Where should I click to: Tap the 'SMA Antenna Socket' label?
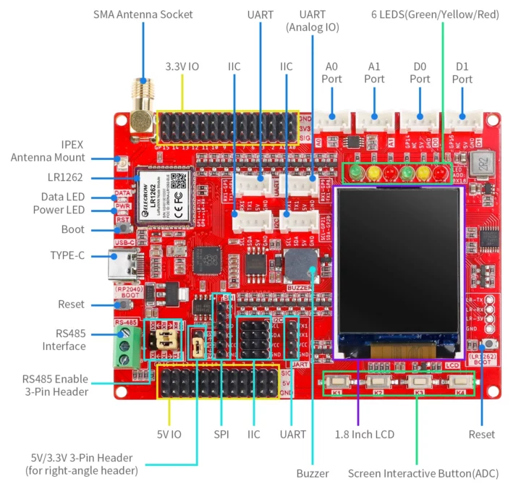click(x=143, y=14)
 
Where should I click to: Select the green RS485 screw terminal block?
click(x=125, y=346)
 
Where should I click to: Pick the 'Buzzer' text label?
click(x=313, y=473)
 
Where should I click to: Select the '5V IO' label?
click(x=169, y=434)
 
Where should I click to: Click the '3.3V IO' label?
click(x=182, y=67)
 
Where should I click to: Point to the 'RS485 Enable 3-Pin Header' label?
click(x=54, y=386)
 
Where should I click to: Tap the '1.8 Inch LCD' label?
click(x=364, y=434)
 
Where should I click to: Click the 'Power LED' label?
click(x=59, y=210)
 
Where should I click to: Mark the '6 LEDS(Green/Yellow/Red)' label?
click(x=435, y=14)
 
